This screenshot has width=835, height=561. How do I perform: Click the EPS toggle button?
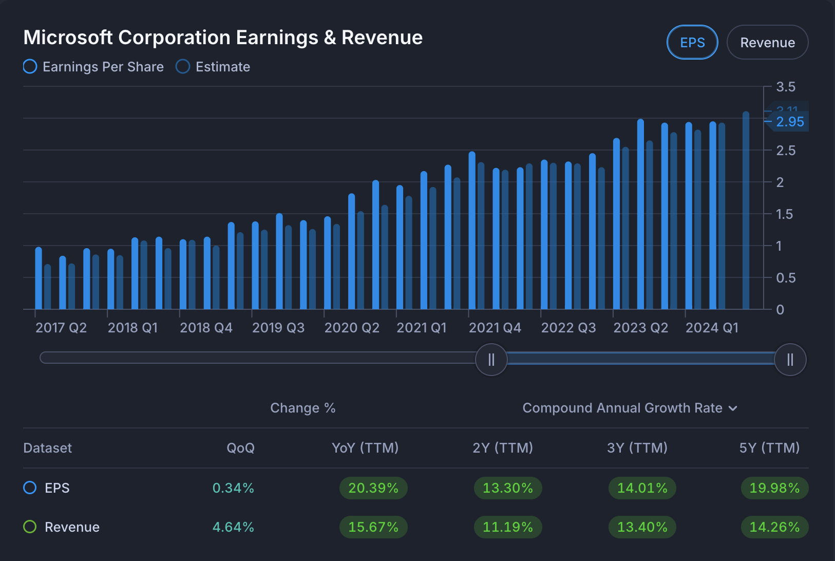coord(692,43)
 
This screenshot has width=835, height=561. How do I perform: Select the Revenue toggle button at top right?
coord(767,43)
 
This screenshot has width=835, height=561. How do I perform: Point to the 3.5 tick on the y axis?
coord(785,87)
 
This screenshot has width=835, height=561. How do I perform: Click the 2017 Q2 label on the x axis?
coord(61,328)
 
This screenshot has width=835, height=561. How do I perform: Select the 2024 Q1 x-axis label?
coord(712,328)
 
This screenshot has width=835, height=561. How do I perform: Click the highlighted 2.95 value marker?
coord(790,122)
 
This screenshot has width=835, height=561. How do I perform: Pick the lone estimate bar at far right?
coord(746,211)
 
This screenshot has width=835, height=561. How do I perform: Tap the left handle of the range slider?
coord(491,360)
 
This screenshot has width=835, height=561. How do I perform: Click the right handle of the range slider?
coord(790,360)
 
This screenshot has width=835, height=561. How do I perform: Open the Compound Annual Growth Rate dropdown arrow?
coord(733,408)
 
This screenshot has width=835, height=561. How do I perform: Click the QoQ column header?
coord(240,448)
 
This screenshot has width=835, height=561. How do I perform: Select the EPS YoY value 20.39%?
coord(373,488)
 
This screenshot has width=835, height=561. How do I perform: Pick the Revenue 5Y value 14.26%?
coord(774,527)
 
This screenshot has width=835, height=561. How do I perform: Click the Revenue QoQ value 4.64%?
coord(233,527)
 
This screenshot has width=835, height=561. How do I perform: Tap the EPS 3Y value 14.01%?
coord(642,488)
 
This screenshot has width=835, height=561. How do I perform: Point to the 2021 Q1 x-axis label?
coord(422,328)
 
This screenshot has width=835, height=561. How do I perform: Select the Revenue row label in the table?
coord(72,527)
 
